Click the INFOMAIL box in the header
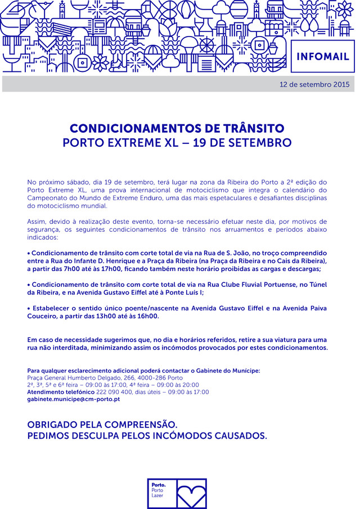(322, 56)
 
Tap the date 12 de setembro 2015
(314, 84)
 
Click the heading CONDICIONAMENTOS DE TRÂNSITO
(177, 128)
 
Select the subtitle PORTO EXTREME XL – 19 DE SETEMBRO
(177, 142)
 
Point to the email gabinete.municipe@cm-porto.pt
(74, 399)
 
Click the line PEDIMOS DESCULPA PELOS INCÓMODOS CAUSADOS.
(147, 436)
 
